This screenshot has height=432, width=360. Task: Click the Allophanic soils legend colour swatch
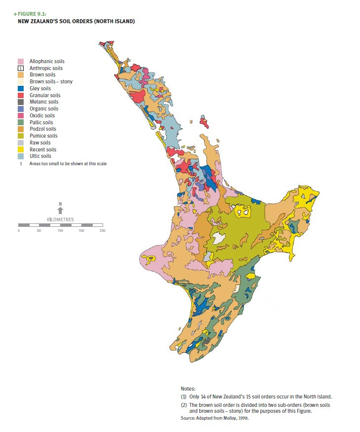click(21, 61)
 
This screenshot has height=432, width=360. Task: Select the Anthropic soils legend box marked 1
click(21, 68)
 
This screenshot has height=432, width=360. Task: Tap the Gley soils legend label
click(40, 89)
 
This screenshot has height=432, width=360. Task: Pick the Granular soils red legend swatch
click(21, 95)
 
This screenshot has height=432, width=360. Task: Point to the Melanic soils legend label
click(44, 102)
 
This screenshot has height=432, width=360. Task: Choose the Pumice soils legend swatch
click(21, 136)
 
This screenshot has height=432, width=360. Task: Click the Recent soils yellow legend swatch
click(21, 149)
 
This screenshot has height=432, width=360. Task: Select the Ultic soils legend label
click(40, 156)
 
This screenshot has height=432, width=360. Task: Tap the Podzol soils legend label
click(42, 129)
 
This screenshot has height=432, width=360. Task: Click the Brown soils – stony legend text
click(51, 82)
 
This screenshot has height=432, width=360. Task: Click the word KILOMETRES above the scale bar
click(60, 219)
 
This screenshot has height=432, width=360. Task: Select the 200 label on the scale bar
click(102, 231)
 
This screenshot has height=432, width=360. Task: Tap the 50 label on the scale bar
click(39, 231)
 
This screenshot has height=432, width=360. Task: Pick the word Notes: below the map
click(188, 389)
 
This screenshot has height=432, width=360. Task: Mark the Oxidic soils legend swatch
click(21, 115)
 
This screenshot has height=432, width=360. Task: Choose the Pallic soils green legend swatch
click(21, 122)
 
